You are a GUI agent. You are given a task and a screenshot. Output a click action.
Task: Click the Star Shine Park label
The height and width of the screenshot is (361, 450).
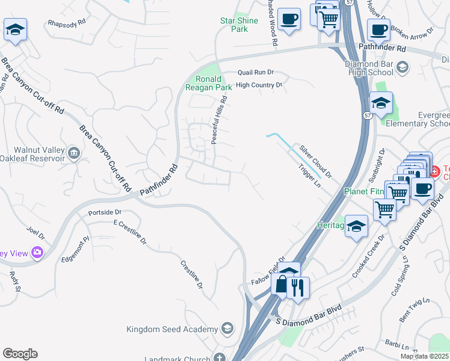239,25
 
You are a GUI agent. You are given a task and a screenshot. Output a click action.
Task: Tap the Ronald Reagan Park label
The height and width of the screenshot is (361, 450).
211,83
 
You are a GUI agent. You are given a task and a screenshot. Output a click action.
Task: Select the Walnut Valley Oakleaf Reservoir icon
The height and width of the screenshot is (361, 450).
74,152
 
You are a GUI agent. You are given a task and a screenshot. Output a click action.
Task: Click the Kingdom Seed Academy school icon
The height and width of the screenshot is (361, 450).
227,329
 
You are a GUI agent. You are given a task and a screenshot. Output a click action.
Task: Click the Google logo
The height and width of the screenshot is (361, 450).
20,354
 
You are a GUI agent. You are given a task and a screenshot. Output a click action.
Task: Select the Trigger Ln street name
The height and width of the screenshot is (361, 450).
309,176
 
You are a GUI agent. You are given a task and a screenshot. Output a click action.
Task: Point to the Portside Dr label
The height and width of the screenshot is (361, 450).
105,212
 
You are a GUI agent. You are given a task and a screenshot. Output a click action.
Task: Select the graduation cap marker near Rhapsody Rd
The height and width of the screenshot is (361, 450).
15,30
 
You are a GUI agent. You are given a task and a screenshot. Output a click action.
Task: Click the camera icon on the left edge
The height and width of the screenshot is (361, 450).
38,253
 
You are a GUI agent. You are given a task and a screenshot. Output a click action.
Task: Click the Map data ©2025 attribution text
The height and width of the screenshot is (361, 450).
424,356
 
